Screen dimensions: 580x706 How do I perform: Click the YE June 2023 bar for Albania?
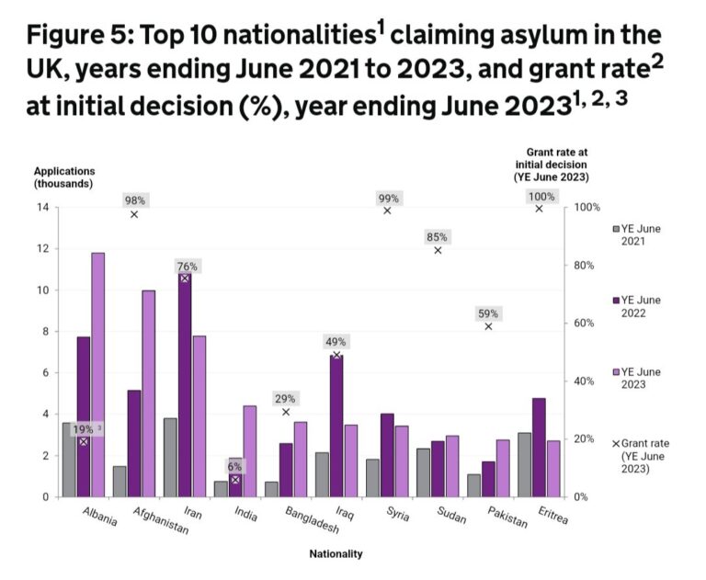pos(97,375)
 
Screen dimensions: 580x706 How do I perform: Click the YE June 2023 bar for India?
pos(248,450)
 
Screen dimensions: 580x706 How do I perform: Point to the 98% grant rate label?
pos(135,200)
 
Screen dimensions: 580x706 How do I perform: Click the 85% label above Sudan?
pos(438,237)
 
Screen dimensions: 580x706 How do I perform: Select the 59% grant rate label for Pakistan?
pos(488,313)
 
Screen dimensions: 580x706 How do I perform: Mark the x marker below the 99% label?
pos(387,210)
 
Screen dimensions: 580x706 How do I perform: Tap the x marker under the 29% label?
pos(286,413)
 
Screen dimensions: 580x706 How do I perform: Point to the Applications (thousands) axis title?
pos(64,177)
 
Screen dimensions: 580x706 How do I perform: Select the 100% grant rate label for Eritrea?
pos(540,197)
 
